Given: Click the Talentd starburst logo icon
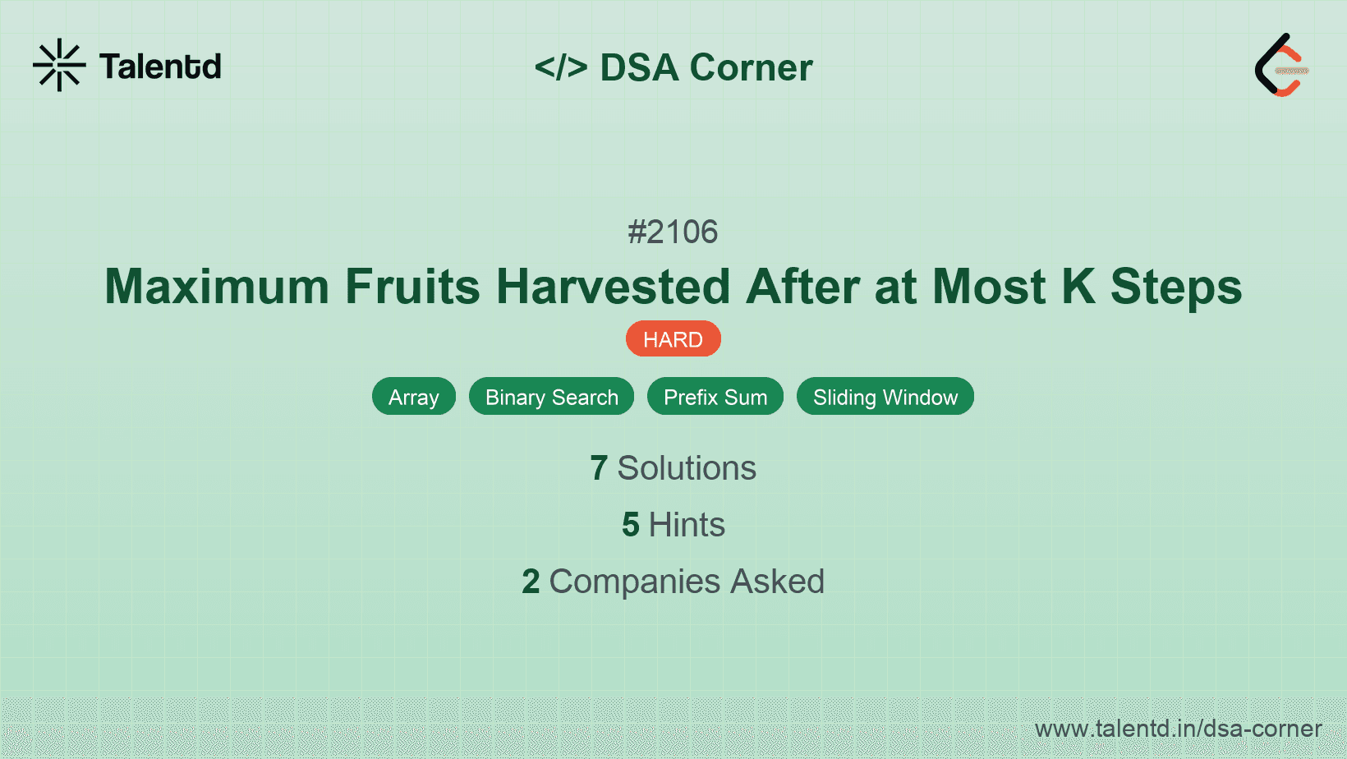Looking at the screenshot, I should point(59,65).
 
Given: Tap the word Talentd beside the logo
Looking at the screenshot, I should point(160,67).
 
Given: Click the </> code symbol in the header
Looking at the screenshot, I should point(561,67).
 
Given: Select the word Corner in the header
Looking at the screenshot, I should point(751,67).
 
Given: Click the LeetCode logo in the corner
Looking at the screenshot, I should point(1280,66).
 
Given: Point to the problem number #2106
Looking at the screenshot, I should point(673,232).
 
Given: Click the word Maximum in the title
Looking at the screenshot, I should point(217,287).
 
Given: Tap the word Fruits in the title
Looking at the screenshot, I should point(412,287).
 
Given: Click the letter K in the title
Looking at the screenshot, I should point(1078,287).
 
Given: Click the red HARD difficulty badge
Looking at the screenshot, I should point(673,339).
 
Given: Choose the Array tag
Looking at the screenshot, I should point(414,397).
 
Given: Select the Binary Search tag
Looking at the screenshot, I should point(551,397).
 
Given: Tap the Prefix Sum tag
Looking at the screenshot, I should point(715,397).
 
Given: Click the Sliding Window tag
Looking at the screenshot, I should point(885,397).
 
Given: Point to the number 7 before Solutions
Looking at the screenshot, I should point(599,468).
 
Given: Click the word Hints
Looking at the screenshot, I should point(687,525).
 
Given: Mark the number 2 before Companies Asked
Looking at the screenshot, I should point(531,582).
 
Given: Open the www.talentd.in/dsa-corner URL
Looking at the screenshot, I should point(1178,729).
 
